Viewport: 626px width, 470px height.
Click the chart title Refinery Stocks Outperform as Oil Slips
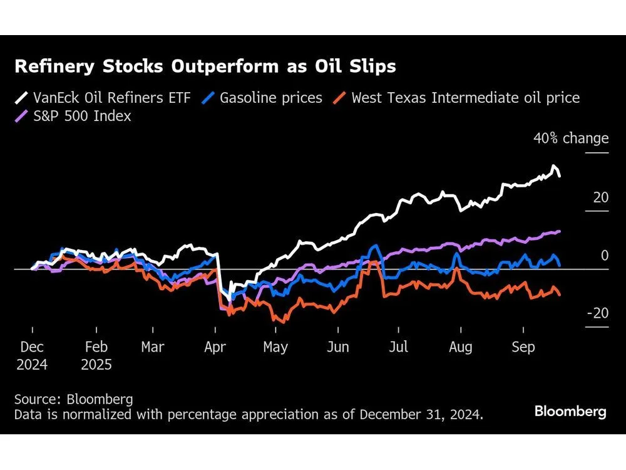205,66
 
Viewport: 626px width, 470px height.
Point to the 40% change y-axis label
570,138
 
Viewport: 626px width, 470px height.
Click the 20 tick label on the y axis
600,197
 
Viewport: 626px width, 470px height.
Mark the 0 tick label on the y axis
604,256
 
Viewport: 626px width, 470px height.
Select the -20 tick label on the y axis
597,313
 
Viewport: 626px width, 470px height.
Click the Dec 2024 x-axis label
32,355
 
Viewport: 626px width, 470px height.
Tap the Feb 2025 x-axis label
96,355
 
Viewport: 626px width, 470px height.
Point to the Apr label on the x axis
215,347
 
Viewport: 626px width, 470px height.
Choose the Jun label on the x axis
338,347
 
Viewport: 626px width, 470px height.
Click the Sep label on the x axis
523,347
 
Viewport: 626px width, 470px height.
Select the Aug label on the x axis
461,347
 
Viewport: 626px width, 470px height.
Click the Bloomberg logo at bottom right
570,412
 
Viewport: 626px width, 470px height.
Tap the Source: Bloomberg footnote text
74,399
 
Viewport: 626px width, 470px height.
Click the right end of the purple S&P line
559,231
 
